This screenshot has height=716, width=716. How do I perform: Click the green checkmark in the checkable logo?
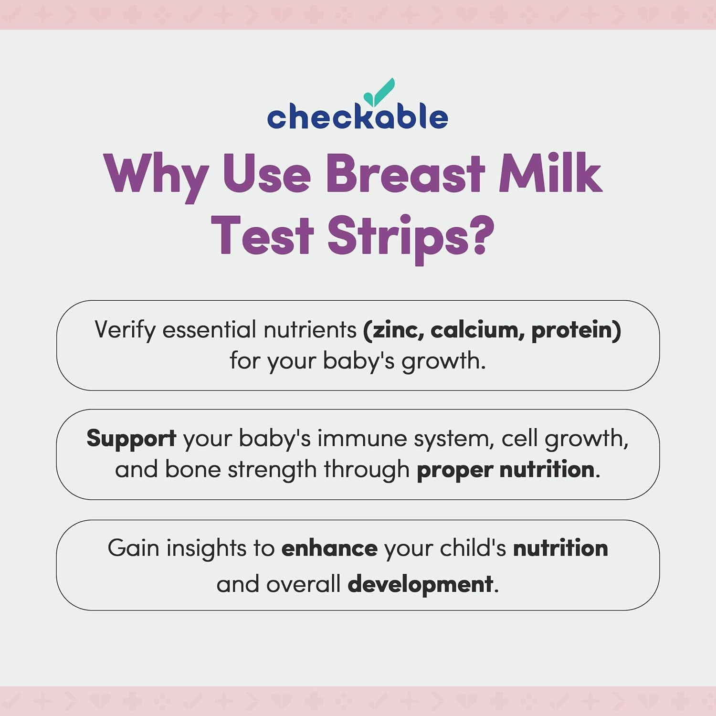click(x=379, y=92)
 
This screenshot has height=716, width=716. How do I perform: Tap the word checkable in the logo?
click(x=357, y=117)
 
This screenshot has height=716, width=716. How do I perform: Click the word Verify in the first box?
click(x=125, y=330)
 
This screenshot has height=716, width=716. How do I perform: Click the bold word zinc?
click(x=394, y=330)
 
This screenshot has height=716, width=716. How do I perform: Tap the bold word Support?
click(x=131, y=438)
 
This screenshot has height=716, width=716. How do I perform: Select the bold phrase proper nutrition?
click(x=505, y=470)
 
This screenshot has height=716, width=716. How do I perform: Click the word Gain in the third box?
click(x=133, y=548)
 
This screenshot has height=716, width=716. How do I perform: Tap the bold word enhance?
click(x=329, y=548)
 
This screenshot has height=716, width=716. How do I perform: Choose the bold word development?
click(x=420, y=584)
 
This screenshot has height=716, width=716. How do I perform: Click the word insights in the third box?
click(x=206, y=548)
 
